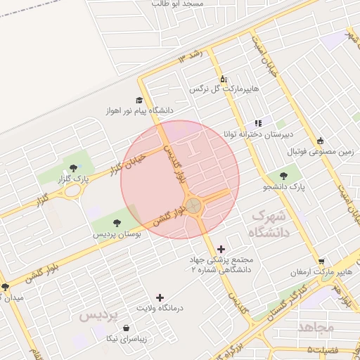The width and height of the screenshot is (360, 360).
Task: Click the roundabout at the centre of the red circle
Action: (x=193, y=206)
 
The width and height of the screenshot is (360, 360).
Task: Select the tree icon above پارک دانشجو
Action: (x=283, y=176)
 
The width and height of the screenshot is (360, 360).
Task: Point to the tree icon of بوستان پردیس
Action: (x=116, y=223)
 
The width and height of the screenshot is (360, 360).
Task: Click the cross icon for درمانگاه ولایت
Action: (x=160, y=297)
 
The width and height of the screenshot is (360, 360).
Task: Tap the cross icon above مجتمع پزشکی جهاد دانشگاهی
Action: (x=221, y=248)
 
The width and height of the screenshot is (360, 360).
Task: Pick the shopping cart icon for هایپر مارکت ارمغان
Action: (x=321, y=261)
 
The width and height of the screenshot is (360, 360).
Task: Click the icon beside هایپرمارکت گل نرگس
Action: (x=224, y=79)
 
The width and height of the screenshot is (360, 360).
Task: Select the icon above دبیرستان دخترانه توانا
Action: (x=258, y=122)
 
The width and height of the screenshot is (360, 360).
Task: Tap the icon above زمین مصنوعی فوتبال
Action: (x=321, y=140)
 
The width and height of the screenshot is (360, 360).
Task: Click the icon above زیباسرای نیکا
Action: (x=126, y=328)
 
